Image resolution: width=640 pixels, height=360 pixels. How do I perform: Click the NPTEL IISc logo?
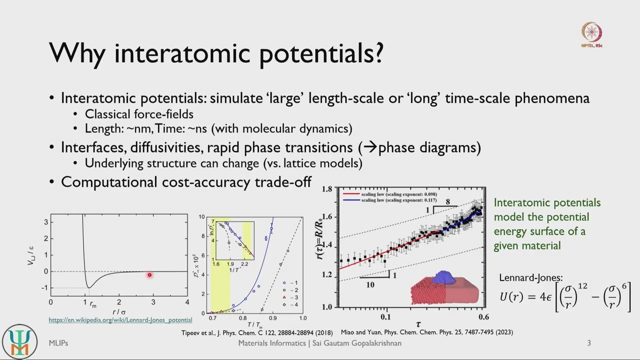pyautogui.click(x=591, y=34)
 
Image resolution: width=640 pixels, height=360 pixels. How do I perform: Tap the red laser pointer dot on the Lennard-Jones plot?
pyautogui.click(x=149, y=275)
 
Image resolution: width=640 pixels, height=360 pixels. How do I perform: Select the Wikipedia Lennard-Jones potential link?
pyautogui.click(x=120, y=320)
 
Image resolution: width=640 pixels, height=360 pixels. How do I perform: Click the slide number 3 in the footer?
pyautogui.click(x=589, y=343)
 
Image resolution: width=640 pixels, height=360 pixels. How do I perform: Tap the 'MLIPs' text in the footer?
pyautogui.click(x=58, y=343)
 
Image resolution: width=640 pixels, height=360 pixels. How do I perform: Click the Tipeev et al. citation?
pyautogui.click(x=256, y=332)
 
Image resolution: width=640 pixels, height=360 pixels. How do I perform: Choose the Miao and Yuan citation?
pyautogui.click(x=426, y=332)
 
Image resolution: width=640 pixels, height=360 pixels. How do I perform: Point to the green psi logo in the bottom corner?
pyautogui.click(x=19, y=341)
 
